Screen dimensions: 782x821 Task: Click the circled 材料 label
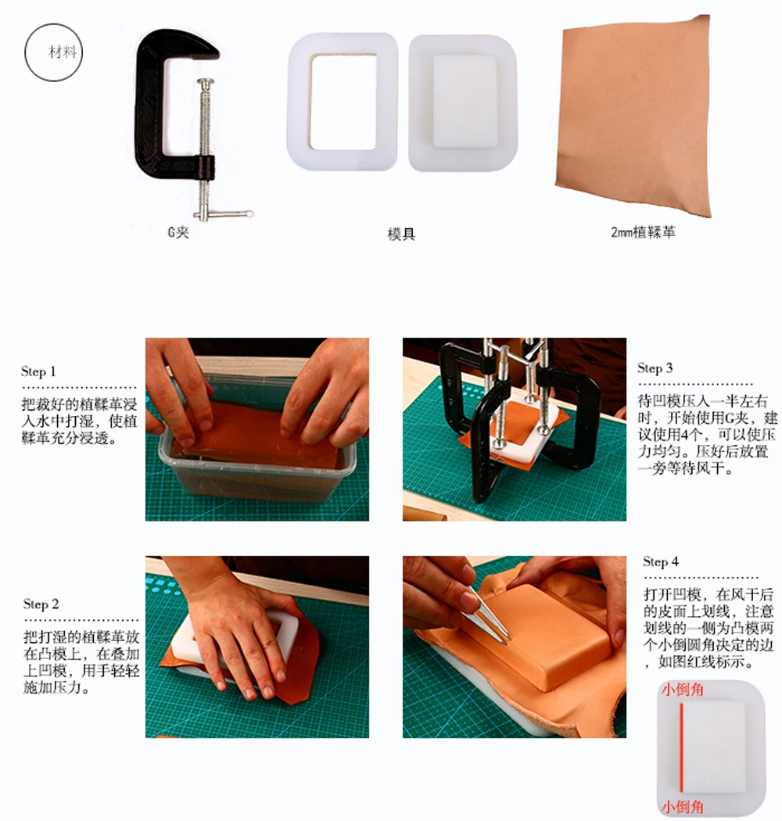[x=53, y=52]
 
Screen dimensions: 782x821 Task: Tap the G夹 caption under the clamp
[x=178, y=232]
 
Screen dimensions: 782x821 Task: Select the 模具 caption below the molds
[x=401, y=234]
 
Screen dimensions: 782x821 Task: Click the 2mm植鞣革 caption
[x=643, y=232]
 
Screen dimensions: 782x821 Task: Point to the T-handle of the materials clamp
[x=224, y=214]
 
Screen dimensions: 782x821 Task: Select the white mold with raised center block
[x=463, y=102]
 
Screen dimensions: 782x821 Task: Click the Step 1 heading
[x=38, y=371]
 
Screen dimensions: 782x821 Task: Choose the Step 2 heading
[x=41, y=604]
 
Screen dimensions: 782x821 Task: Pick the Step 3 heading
[x=655, y=368]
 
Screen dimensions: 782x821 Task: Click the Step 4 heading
[x=661, y=562]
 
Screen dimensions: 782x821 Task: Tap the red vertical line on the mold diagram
[x=681, y=747]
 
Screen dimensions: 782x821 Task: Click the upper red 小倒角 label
[x=682, y=690]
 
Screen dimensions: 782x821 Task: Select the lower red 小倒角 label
[x=682, y=807]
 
